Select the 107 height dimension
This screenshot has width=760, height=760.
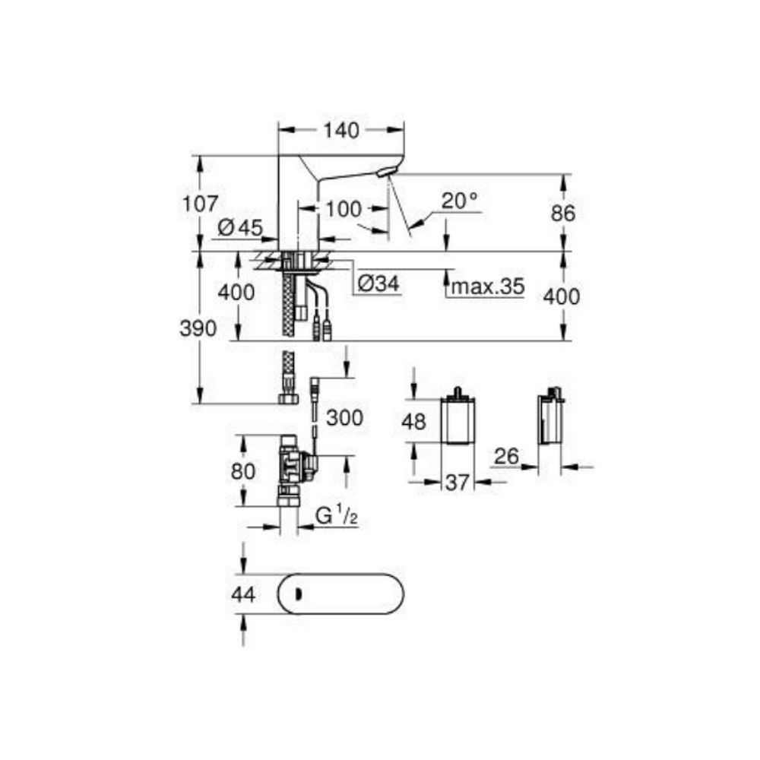point(201,204)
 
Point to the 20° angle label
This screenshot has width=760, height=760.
point(460,201)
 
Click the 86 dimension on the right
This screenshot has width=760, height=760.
point(563,214)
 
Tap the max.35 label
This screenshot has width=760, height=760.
point(488,287)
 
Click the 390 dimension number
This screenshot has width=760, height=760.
point(199,328)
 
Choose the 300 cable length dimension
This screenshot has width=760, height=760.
point(345,416)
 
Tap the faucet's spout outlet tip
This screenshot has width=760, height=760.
point(387,174)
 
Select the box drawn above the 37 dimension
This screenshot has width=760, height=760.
point(458,421)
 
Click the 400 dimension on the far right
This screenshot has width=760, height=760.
point(563,296)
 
